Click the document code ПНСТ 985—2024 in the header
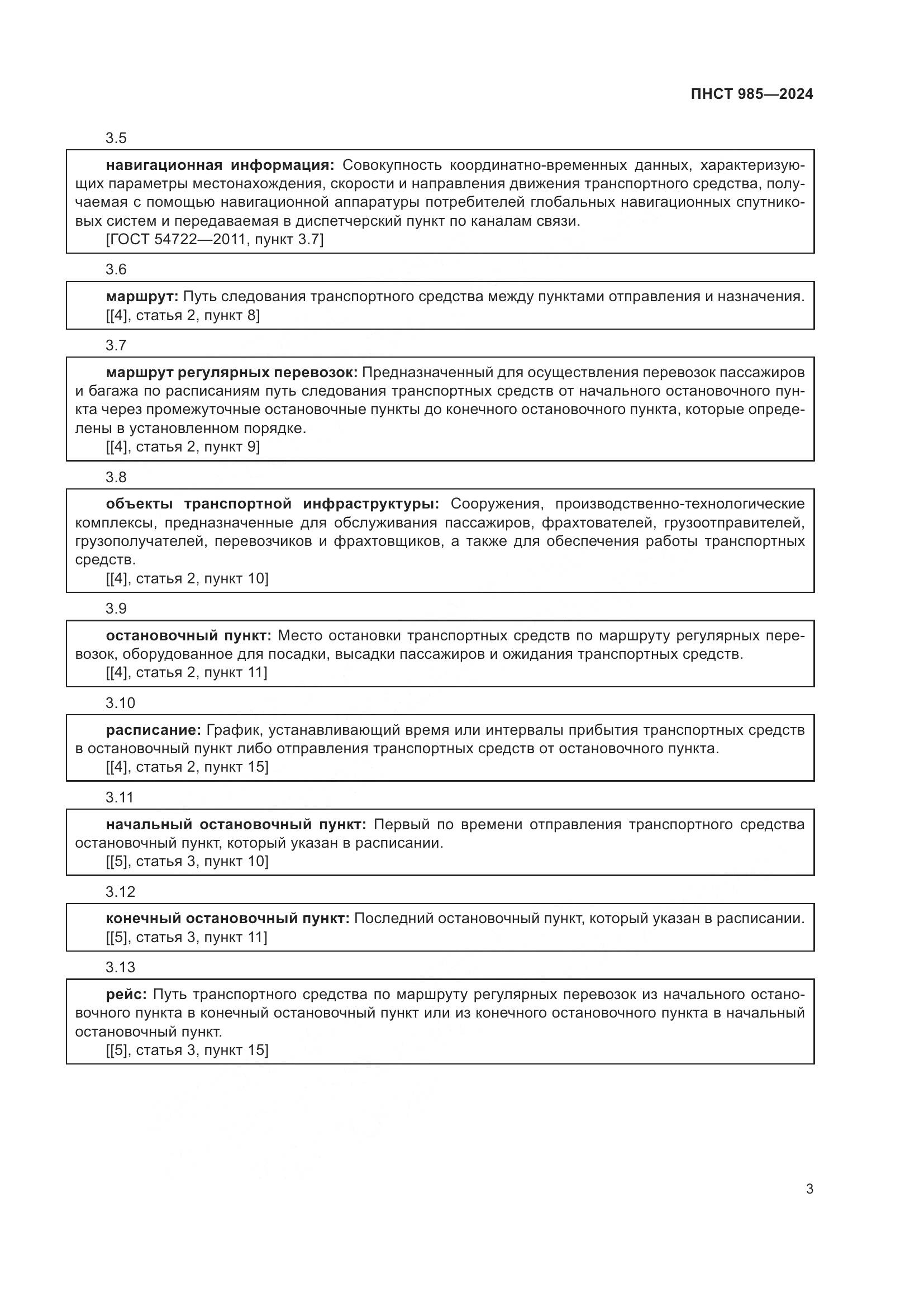751,94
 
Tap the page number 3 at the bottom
809,1189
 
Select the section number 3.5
116,139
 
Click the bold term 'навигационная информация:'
220,165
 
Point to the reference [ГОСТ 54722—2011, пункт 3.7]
215,240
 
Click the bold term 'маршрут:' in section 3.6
142,297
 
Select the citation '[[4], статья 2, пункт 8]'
183,315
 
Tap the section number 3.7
116,345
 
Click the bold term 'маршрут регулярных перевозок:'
232,373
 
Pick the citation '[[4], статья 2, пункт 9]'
183,447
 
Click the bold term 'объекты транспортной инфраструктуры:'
273,504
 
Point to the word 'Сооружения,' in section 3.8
494,504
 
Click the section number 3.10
120,703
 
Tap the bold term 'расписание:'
154,730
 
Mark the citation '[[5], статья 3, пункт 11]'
187,938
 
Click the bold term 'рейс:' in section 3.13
126,995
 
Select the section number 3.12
120,891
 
